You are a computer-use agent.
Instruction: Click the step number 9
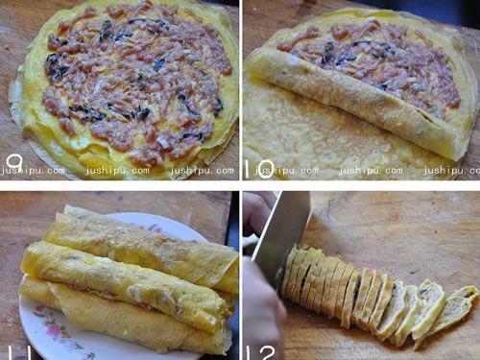(x=15, y=163)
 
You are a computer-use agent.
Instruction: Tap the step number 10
(x=260, y=169)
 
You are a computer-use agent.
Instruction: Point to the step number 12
(x=262, y=352)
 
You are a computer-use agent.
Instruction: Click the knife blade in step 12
(x=281, y=230)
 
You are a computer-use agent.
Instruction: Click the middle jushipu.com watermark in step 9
(x=117, y=170)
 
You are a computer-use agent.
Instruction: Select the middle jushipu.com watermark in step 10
(x=371, y=170)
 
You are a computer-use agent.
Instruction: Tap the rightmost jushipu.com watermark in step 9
(x=203, y=170)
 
